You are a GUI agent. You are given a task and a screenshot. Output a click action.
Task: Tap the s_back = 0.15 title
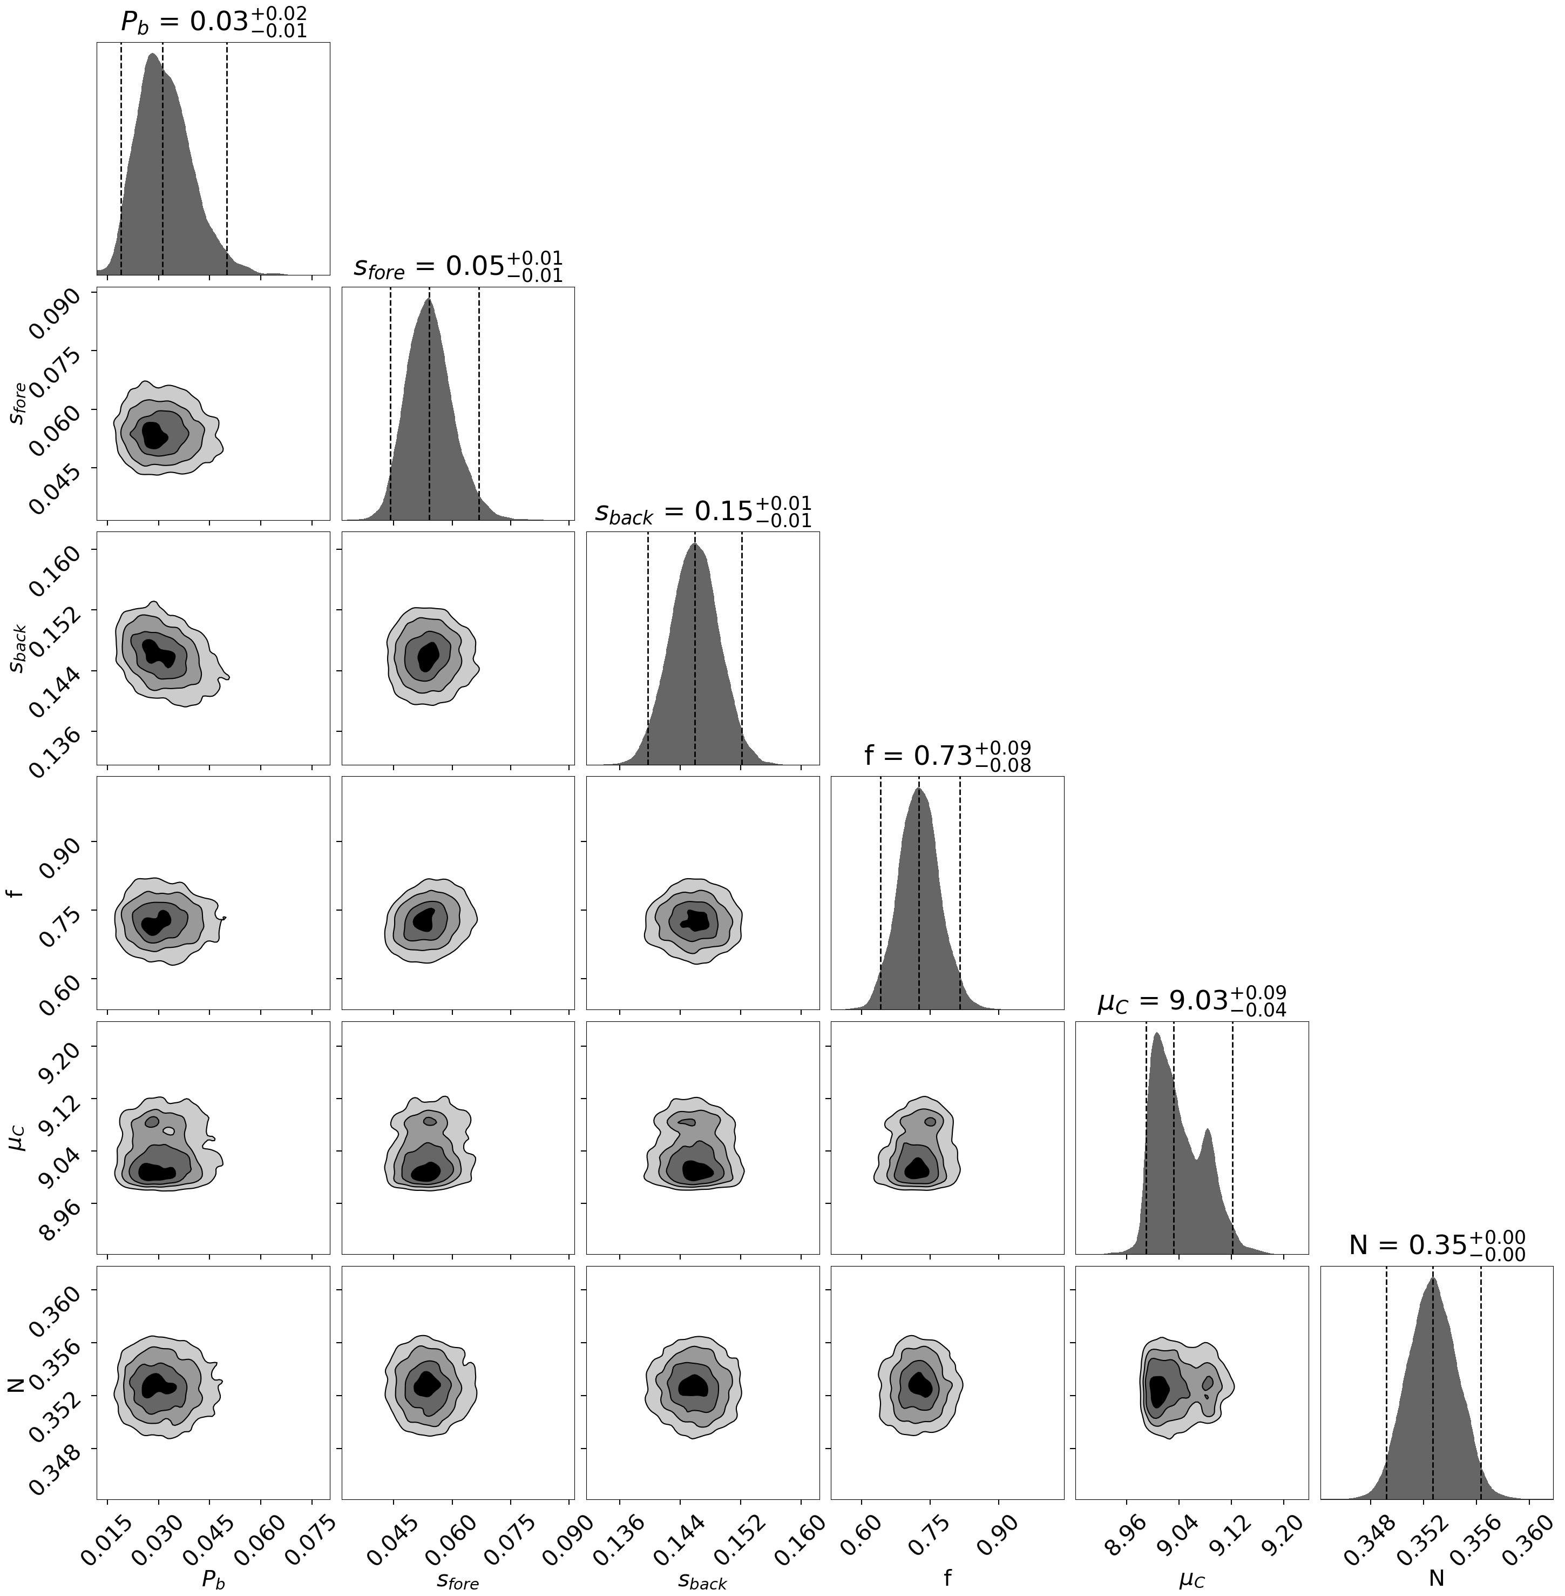(703, 511)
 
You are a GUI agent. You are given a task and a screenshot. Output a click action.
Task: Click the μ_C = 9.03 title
(1192, 1001)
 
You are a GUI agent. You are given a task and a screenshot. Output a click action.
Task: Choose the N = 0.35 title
(1437, 1245)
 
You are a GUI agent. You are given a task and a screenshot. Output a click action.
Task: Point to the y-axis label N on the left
(16, 1383)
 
